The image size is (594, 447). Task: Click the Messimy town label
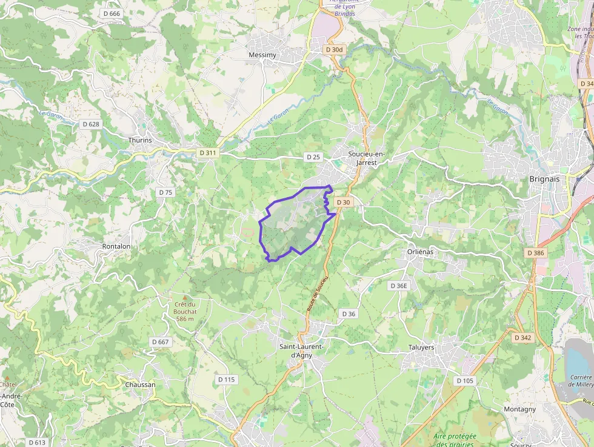(x=262, y=55)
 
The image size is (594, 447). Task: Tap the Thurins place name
(x=140, y=140)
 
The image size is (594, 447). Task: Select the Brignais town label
(x=544, y=179)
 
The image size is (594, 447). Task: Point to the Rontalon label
(x=116, y=246)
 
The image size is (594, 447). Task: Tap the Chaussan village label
(x=140, y=385)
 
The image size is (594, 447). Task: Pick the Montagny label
(x=519, y=409)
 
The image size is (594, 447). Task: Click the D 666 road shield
(x=112, y=13)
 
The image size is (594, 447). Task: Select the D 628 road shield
(x=90, y=124)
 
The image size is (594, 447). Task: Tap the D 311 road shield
(x=207, y=153)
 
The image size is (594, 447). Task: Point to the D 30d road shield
(x=334, y=50)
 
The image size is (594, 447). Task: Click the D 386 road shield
(x=536, y=252)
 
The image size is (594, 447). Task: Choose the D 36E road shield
(x=399, y=286)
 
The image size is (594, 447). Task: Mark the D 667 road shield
(x=161, y=342)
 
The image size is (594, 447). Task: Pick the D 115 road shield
(x=226, y=380)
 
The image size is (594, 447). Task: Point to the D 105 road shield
(x=465, y=380)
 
